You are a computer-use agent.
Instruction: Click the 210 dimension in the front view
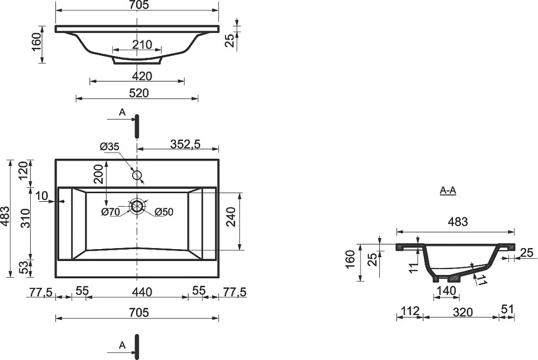pos(142,45)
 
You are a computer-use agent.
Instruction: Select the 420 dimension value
pos(142,76)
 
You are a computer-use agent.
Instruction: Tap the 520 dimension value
pos(139,93)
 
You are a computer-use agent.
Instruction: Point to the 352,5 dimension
pos(185,144)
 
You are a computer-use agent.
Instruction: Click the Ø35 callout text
pos(109,147)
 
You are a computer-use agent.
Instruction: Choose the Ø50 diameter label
pos(164,212)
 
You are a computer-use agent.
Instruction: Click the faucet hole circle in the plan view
pos(137,175)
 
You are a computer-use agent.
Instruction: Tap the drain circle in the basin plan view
pos(137,206)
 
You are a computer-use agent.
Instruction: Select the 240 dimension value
pos(232,216)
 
